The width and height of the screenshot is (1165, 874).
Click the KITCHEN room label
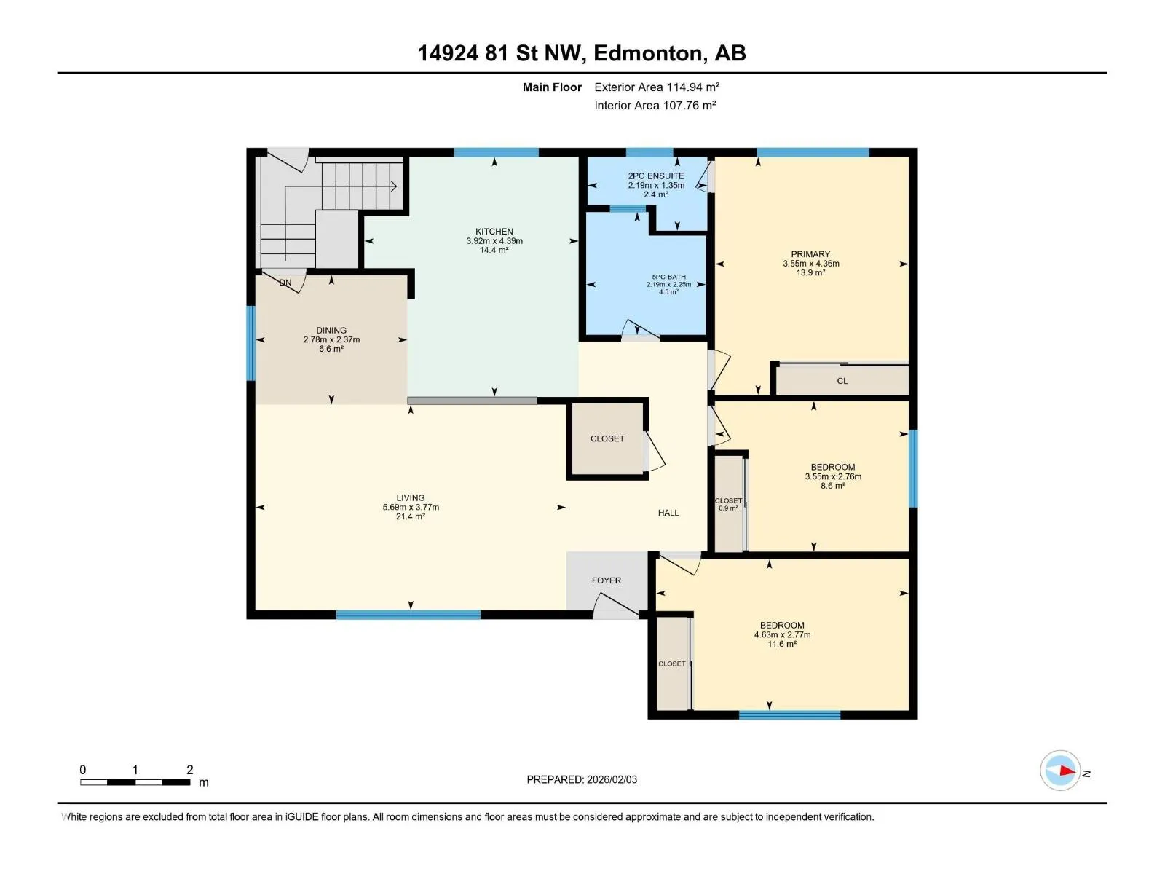pos(494,232)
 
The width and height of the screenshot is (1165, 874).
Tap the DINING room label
pos(331,330)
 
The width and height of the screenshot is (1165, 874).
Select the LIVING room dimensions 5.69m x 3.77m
pos(411,508)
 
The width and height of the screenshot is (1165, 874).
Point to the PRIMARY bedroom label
pos(810,254)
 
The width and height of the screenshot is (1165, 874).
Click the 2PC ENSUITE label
pos(656,176)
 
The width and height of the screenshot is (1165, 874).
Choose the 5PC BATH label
pos(668,277)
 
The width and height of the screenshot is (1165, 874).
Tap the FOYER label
pos(606,580)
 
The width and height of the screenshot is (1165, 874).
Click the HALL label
pos(668,513)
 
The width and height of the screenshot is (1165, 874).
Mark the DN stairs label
pos(285,283)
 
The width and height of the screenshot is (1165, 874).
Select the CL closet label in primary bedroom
pos(842,381)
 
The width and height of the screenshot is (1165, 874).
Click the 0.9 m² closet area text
pos(728,508)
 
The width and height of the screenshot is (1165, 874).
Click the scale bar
pos(135,782)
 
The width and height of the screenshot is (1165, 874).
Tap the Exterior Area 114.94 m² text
pos(657,87)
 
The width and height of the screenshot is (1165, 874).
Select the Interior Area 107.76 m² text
pos(655,105)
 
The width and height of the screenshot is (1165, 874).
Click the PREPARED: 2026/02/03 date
pos(582,779)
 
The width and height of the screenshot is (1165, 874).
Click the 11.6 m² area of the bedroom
pos(782,645)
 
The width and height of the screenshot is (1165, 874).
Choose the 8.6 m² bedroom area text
pos(833,486)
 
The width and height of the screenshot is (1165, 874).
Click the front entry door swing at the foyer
pos(616,606)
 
